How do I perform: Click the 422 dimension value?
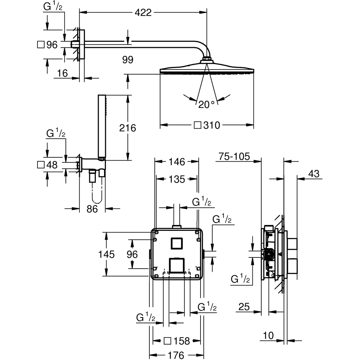(x=143, y=13)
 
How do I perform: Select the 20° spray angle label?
(x=206, y=105)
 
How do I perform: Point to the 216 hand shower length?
(x=128, y=127)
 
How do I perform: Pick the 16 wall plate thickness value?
(x=62, y=73)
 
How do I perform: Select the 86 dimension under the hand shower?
(x=92, y=208)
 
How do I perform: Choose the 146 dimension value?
(x=176, y=162)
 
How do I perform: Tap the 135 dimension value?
(x=176, y=179)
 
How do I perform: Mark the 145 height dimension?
(x=107, y=254)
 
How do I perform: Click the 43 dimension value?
(x=314, y=174)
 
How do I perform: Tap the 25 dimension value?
(x=244, y=307)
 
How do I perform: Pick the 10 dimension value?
(x=268, y=336)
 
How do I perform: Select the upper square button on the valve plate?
(x=177, y=244)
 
